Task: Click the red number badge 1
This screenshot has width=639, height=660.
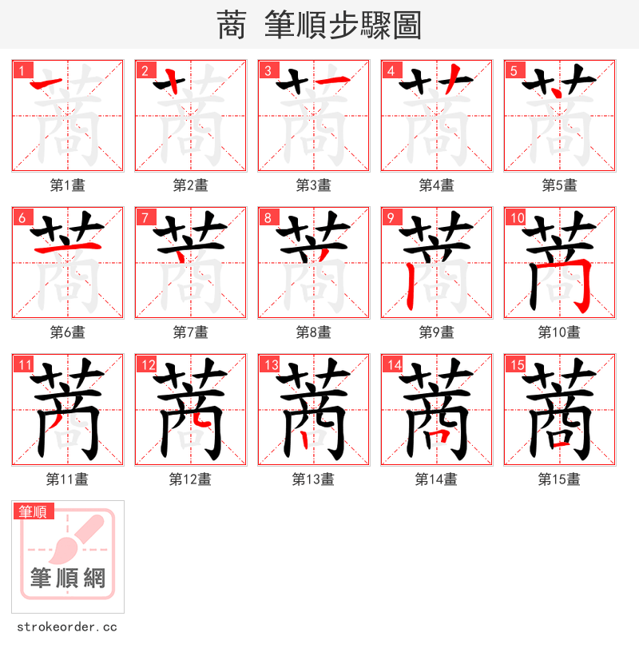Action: click(x=21, y=70)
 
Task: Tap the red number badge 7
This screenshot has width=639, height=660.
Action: click(x=144, y=217)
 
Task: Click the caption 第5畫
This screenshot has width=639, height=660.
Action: click(x=559, y=185)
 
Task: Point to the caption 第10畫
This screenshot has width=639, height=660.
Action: click(x=559, y=332)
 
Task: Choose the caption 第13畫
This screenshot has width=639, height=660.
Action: click(x=313, y=479)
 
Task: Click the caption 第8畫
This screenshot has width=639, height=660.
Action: click(x=313, y=332)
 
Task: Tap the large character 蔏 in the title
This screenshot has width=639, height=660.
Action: click(x=232, y=26)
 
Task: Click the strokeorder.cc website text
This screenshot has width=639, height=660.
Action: click(x=67, y=627)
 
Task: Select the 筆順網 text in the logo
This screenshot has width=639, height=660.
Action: click(x=67, y=578)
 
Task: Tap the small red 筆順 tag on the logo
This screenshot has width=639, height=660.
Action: click(x=34, y=511)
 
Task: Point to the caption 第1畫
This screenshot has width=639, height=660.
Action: click(x=67, y=185)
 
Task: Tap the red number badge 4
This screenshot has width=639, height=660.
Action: click(x=390, y=70)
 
